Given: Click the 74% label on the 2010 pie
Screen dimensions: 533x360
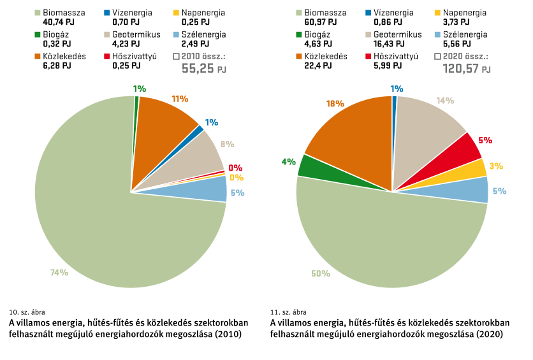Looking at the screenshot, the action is tap(59, 272).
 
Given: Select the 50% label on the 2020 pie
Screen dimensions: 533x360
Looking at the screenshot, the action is tap(321, 273).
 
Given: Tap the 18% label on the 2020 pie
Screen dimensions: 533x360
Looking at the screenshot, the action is tap(335, 104).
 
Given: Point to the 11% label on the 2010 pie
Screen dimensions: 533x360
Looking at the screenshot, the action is tap(180, 99).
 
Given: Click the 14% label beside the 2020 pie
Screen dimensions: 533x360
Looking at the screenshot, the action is tap(445, 101).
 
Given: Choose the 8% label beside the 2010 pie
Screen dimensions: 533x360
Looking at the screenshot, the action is tap(227, 144).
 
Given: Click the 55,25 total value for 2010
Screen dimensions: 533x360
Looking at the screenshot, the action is tap(198, 68).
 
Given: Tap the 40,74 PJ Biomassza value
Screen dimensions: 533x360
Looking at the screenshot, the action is tap(59, 22).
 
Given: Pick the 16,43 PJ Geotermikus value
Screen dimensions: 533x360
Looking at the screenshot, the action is tap(389, 44).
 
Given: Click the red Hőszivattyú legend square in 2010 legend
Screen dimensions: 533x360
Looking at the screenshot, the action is tap(107, 56).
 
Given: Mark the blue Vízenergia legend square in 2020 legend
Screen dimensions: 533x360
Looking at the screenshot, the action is tap(369, 13).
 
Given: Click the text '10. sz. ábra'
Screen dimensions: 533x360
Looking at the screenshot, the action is tap(27, 312).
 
